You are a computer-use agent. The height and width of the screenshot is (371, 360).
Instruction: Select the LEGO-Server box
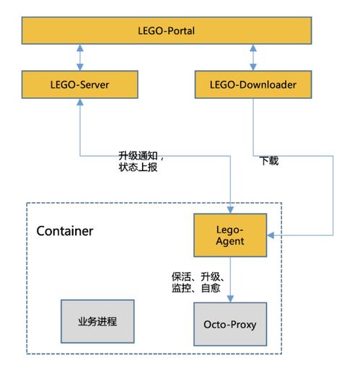pyautogui.click(x=79, y=85)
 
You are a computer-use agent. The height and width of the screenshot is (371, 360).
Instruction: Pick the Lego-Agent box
pyautogui.click(x=230, y=235)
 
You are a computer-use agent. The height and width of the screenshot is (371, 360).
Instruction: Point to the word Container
pyautogui.click(x=64, y=232)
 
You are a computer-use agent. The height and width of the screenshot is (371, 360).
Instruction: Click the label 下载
pyautogui.click(x=269, y=161)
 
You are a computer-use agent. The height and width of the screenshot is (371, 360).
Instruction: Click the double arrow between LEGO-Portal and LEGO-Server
pyautogui.click(x=79, y=57)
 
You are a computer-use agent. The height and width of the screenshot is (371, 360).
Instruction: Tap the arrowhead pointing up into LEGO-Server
pyautogui.click(x=79, y=102)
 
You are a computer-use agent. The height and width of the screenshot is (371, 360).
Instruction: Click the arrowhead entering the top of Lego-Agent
pyautogui.click(x=230, y=209)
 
